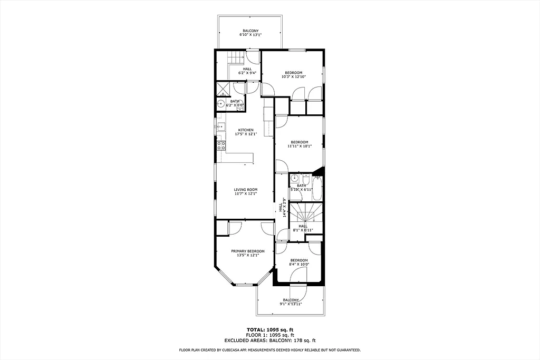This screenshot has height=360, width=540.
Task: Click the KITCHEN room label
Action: click(246, 130)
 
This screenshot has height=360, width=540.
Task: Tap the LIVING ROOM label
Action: click(246, 190)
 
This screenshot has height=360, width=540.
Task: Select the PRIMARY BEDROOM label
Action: click(247, 251)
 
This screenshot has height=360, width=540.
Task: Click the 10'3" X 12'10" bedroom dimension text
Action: click(294, 77)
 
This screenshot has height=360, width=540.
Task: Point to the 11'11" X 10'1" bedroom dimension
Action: click(300, 146)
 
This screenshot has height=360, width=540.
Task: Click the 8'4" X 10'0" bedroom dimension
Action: click(298, 265)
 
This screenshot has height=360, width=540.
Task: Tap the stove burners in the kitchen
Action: click(221, 145)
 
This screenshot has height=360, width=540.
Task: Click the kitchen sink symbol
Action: click(220, 126)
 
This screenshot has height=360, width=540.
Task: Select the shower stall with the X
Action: click(222, 89)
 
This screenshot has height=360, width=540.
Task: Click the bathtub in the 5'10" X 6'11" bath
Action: click(317, 189)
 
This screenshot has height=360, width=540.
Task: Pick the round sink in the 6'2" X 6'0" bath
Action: click(221, 104)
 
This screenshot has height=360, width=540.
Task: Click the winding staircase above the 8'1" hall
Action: click(306, 213)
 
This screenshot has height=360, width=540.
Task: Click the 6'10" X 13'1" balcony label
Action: click(250, 33)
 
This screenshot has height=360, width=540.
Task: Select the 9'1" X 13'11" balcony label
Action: click(290, 302)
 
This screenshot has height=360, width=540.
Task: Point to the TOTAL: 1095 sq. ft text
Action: click(269, 329)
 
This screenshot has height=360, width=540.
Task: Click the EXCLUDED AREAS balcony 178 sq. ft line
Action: click(269, 340)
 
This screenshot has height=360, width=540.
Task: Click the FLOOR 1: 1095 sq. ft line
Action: click(269, 335)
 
